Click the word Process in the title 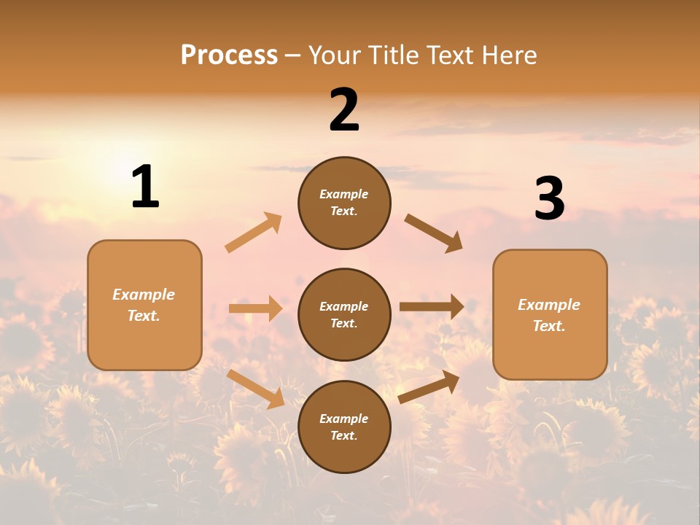tap(229, 55)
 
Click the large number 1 tap(145, 187)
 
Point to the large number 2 tap(344, 110)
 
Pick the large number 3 tap(549, 199)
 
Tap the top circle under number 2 tap(344, 203)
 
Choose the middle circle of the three tap(344, 314)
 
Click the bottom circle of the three tap(344, 427)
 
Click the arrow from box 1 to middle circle tap(255, 308)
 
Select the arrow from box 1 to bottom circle tap(255, 388)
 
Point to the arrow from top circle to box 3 tap(434, 233)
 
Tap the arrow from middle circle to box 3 tap(432, 307)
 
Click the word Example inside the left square tap(144, 295)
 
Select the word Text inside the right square tap(548, 326)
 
